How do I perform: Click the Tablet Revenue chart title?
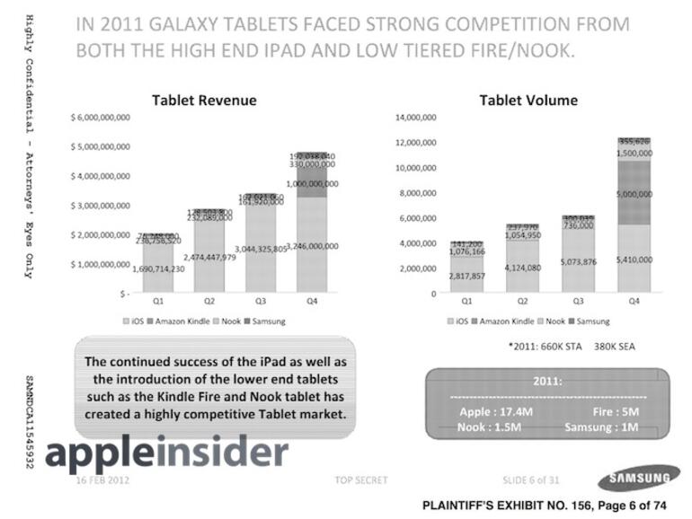tap(204, 100)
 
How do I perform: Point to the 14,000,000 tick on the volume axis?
tap(416, 118)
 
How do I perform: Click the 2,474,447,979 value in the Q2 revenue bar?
tap(209, 257)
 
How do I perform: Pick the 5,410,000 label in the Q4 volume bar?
tap(634, 259)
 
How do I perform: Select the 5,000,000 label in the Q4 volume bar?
tap(634, 193)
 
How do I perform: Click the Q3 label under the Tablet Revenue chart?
tap(261, 303)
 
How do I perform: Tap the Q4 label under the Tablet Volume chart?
tap(634, 303)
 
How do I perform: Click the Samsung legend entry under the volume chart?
tap(592, 321)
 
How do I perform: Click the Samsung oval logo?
tap(639, 477)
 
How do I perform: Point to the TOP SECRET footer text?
tap(361, 480)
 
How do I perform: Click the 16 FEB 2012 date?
tap(104, 480)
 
